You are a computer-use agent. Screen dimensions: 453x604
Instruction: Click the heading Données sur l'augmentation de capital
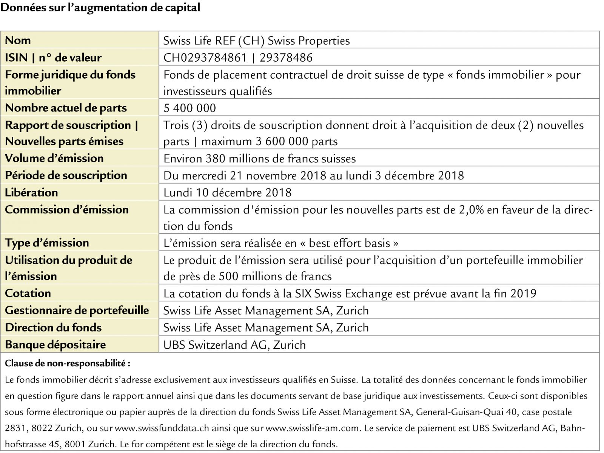point(100,8)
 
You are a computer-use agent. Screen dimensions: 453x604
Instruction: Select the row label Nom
point(18,40)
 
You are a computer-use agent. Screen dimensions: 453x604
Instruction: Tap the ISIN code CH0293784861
point(205,57)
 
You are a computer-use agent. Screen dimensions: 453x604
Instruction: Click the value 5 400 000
point(190,108)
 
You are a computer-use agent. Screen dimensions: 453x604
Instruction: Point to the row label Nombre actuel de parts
point(66,108)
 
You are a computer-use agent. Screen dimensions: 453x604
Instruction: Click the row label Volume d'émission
point(54,158)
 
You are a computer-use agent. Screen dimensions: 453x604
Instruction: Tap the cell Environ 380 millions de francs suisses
point(259,158)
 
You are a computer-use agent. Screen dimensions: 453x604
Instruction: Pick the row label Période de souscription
point(66,175)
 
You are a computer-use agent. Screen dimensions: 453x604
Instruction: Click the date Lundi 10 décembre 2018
point(227,192)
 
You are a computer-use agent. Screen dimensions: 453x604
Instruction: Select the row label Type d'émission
point(47,243)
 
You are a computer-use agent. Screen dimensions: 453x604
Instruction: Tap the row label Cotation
point(28,293)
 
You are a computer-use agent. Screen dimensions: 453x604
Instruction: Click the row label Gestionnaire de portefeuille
point(77,310)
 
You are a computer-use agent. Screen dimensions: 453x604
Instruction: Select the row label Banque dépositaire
point(55,345)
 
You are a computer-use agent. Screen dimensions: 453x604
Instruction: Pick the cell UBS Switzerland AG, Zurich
point(234,345)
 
